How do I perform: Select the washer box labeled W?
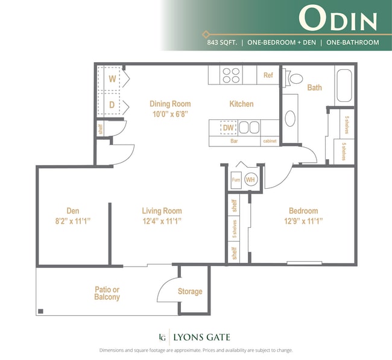click(112, 78)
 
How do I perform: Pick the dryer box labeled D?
click(112, 105)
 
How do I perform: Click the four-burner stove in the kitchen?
click(232, 75)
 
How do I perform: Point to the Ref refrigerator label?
click(268, 75)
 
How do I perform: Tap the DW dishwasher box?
click(228, 127)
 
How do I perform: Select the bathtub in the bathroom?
click(344, 86)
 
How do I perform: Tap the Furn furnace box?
click(236, 180)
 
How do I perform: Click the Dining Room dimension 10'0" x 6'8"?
click(170, 113)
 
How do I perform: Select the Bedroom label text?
click(303, 210)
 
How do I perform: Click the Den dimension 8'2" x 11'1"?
click(73, 221)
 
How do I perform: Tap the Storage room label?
click(190, 292)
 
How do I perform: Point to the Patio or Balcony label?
click(107, 293)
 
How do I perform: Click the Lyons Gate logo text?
click(201, 337)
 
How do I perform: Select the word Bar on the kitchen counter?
click(234, 141)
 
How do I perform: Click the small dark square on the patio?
click(40, 311)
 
